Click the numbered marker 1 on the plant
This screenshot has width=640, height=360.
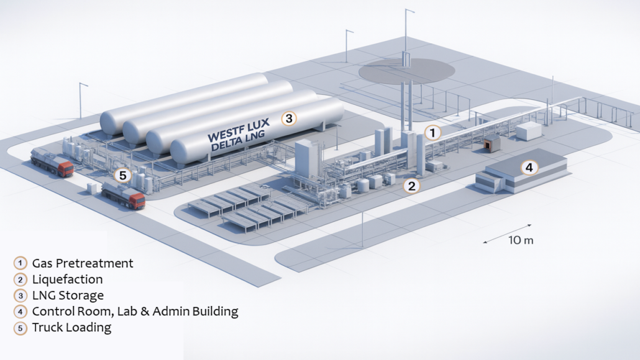click(x=432, y=132)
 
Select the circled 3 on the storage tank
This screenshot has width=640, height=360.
click(x=288, y=117)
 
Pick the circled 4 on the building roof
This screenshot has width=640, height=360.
click(x=529, y=167)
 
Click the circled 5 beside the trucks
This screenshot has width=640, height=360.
click(x=122, y=176)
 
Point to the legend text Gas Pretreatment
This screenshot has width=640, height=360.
click(x=83, y=263)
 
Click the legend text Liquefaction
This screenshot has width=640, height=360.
click(x=67, y=279)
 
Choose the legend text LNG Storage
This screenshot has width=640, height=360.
click(x=68, y=295)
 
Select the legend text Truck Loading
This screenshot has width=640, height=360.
click(x=71, y=328)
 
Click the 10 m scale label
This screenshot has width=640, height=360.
click(x=521, y=240)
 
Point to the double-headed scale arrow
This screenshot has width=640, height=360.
click(x=507, y=233)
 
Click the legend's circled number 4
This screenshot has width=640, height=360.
click(x=21, y=312)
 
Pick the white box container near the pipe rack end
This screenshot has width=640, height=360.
click(x=529, y=131)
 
